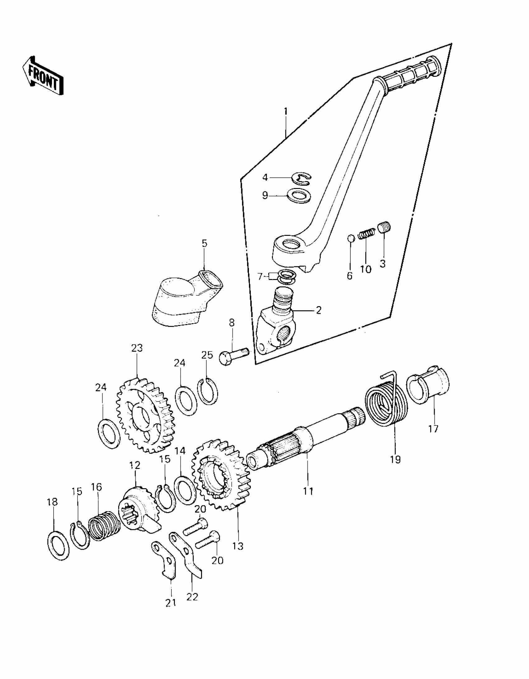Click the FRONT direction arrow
point(43,76)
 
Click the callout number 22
point(192,606)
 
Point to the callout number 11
point(309,500)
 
